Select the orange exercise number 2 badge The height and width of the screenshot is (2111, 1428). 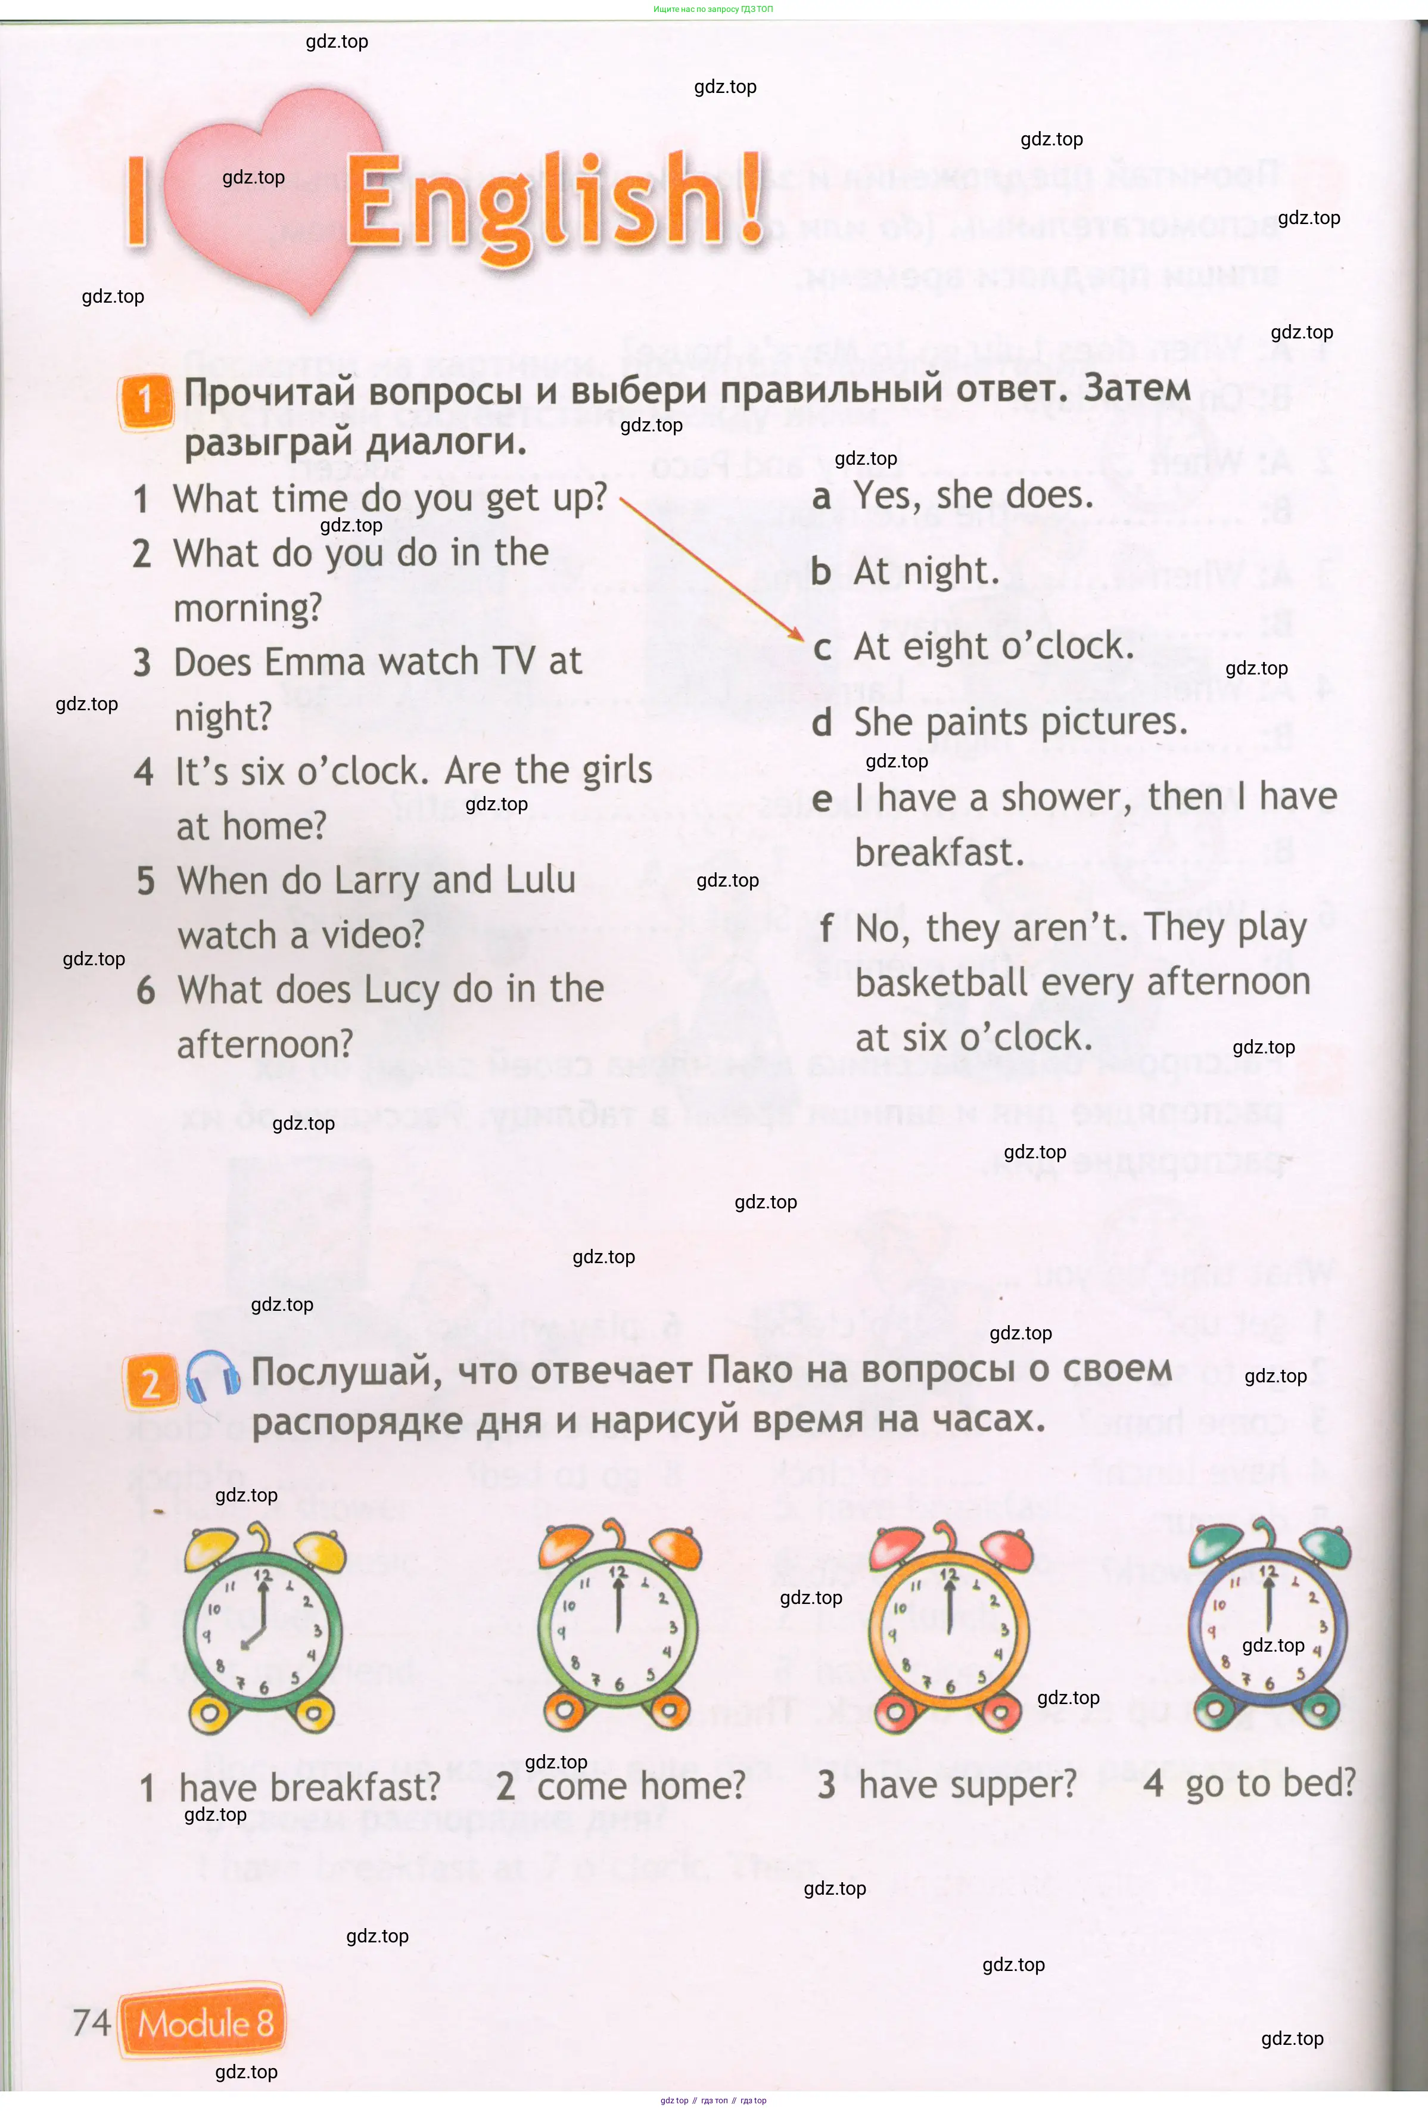[150, 1382]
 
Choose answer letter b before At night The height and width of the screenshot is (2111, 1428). [821, 572]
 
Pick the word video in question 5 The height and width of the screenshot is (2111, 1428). [372, 935]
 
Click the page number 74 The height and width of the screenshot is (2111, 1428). [91, 2022]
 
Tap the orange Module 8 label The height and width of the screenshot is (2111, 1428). [204, 2022]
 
